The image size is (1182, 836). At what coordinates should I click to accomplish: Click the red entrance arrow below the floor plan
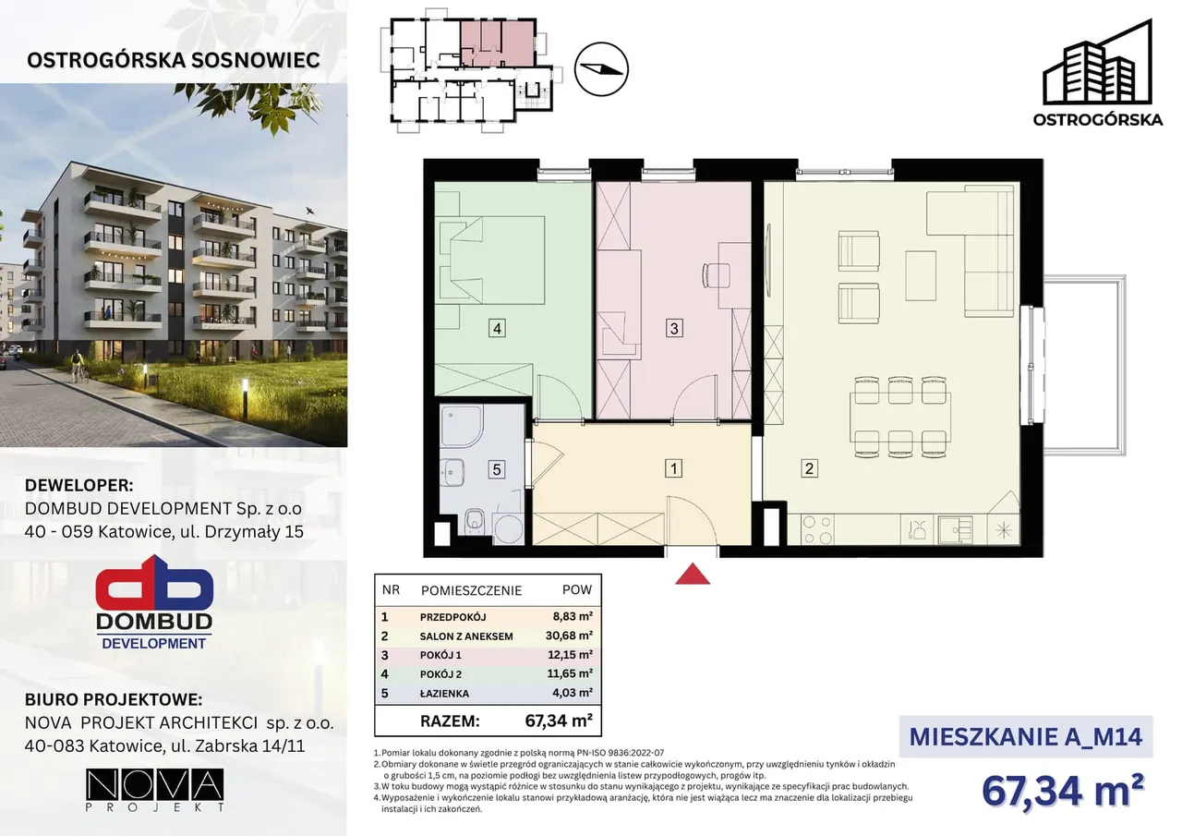point(693,575)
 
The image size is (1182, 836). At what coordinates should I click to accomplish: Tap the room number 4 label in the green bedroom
point(497,329)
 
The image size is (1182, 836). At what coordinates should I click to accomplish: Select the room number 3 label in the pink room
point(674,328)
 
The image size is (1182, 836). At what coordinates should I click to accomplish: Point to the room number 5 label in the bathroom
point(497,469)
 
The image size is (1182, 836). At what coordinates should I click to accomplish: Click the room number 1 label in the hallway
point(673,468)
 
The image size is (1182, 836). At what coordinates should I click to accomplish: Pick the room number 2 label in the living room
point(810,468)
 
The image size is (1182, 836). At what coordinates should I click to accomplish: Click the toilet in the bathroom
point(475,521)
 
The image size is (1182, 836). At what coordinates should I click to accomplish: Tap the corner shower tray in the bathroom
point(461,426)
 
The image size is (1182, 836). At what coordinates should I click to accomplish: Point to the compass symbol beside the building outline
point(601,69)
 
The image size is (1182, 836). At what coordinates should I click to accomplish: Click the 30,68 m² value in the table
point(569,636)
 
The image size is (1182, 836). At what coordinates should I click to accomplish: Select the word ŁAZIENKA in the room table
point(444,694)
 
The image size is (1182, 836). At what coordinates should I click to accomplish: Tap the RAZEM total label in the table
point(450,721)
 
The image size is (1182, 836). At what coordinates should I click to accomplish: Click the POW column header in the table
point(577,589)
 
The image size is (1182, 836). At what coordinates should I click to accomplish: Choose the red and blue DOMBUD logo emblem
point(154,584)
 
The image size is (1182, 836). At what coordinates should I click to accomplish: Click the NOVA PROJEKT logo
point(154,790)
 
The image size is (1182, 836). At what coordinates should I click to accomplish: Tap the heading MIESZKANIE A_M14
point(1026,737)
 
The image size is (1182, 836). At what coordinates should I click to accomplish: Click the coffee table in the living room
point(921,276)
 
